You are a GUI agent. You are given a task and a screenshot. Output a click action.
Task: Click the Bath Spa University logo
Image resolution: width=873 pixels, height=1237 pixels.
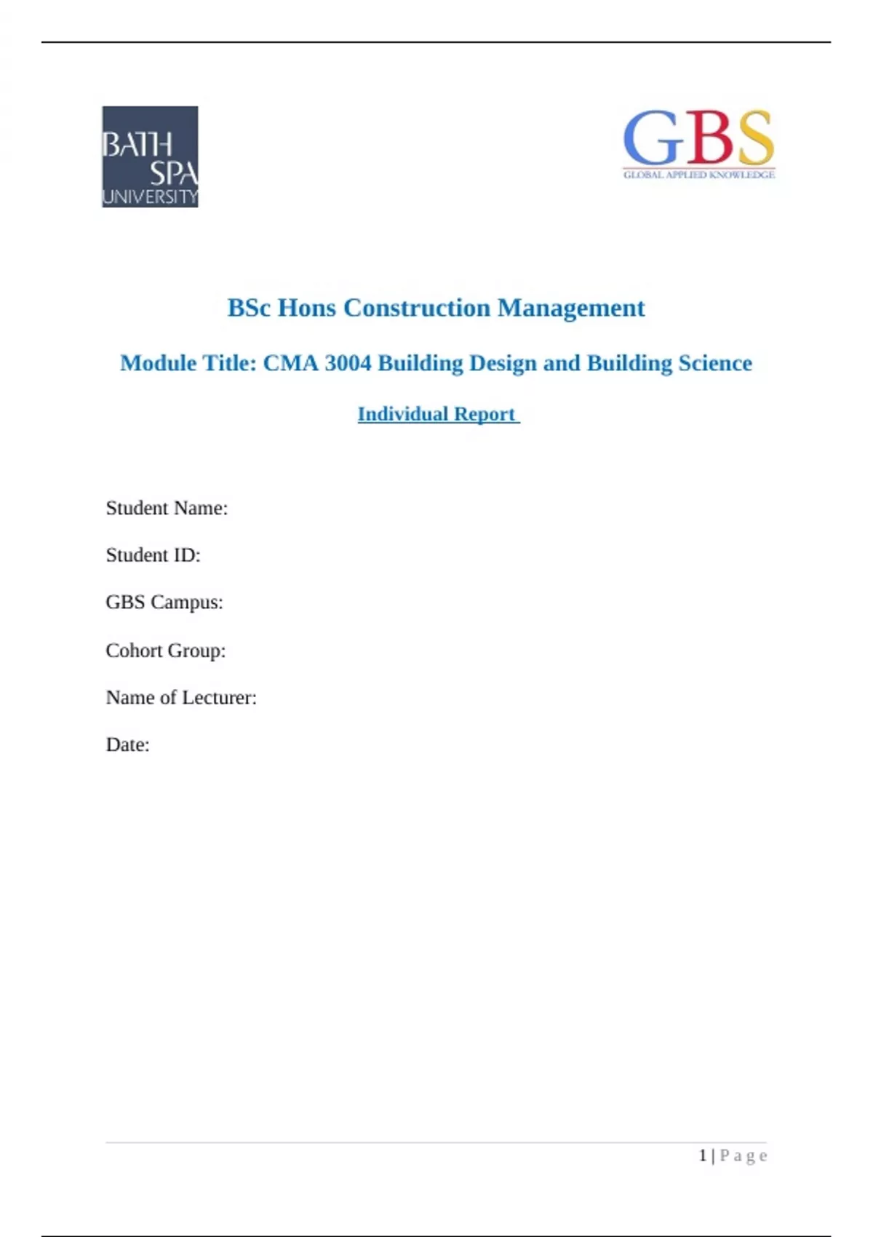(x=150, y=156)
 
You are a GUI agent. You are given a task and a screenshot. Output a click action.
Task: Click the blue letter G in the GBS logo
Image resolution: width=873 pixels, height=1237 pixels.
(x=650, y=138)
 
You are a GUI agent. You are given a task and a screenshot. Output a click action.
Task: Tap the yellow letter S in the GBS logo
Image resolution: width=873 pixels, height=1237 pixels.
(x=754, y=138)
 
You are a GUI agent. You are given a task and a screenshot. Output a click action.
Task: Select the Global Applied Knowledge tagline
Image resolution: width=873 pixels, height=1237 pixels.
(x=698, y=175)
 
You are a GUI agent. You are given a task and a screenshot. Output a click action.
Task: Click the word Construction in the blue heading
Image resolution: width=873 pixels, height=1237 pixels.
(x=417, y=308)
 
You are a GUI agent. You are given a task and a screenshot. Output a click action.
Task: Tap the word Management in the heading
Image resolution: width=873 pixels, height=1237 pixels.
(x=571, y=308)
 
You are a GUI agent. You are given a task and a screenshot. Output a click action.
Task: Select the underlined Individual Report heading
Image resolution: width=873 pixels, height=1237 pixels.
(x=438, y=414)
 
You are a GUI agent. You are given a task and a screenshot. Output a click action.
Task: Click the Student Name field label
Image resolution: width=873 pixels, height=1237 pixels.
(x=167, y=508)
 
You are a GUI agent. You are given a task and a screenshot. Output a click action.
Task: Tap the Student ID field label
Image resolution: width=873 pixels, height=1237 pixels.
(x=153, y=555)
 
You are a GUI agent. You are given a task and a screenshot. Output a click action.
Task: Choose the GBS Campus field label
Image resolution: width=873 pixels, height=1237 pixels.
(x=164, y=602)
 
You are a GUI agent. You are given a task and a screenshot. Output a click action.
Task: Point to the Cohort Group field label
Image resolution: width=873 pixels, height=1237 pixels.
(x=166, y=650)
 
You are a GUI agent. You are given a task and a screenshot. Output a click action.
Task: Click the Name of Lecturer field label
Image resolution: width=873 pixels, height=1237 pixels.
(x=181, y=698)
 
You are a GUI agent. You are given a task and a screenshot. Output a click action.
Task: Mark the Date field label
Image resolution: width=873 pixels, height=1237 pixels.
(x=127, y=745)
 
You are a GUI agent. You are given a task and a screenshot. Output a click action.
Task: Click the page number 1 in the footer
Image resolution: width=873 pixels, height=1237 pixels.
(x=703, y=1156)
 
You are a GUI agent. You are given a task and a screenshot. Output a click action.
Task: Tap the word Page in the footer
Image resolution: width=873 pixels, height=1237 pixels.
(x=744, y=1156)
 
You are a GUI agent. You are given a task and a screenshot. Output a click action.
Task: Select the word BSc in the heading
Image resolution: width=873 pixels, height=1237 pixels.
(x=249, y=308)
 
